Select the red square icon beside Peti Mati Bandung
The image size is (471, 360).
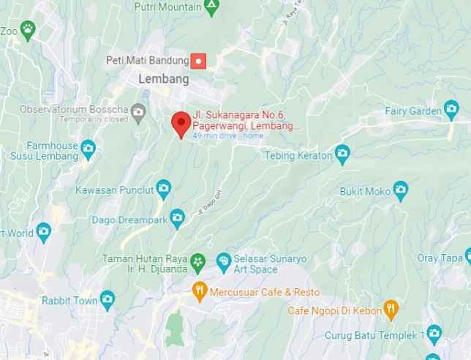(197, 60)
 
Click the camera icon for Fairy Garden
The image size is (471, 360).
(451, 110)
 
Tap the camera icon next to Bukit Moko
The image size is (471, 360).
(400, 192)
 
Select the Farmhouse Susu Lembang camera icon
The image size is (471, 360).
(88, 149)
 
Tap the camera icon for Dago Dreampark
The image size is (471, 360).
(177, 217)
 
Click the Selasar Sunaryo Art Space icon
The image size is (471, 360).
(224, 260)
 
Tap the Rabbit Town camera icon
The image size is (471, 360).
(108, 299)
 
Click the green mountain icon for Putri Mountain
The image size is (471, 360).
(211, 7)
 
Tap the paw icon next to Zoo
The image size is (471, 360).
(28, 29)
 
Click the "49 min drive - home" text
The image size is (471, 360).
(227, 136)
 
